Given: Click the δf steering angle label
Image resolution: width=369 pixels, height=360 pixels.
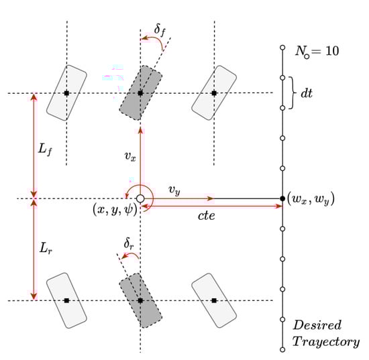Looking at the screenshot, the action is point(160,31).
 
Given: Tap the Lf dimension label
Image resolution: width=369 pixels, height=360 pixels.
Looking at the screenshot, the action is point(45,149).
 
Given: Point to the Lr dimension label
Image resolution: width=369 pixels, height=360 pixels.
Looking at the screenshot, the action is point(46,248).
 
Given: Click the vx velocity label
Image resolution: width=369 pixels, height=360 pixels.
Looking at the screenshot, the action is point(130,156).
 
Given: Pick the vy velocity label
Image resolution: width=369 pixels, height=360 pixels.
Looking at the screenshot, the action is point(174,190).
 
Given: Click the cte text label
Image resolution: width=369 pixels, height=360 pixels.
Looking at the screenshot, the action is point(206,216).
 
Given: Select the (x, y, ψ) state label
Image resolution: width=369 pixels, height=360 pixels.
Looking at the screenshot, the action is point(115,209).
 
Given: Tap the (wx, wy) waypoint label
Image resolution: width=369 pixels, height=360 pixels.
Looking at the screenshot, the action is point(311,200).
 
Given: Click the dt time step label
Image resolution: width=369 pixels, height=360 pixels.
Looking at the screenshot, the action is point(307,93).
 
